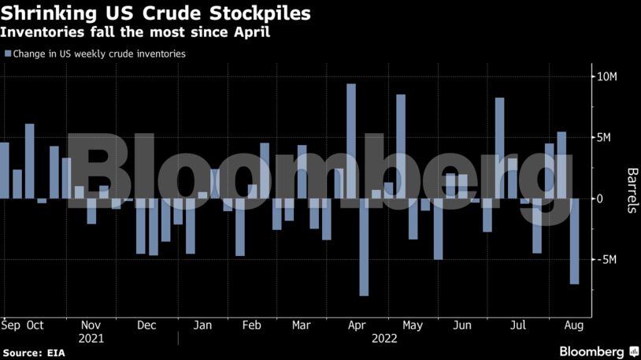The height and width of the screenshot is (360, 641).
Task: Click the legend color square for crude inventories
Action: pyautogui.click(x=8, y=54)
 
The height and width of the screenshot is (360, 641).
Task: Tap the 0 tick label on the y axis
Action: pyautogui.click(x=600, y=199)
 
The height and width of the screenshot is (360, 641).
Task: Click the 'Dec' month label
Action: pyautogui.click(x=146, y=325)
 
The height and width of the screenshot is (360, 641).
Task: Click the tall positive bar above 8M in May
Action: pyautogui.click(x=401, y=146)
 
